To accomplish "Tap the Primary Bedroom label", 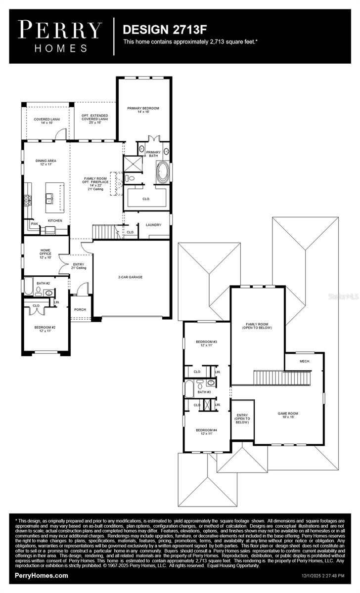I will [x=143, y=110].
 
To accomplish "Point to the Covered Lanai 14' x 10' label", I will [x=44, y=121].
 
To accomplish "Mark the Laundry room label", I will [x=153, y=225].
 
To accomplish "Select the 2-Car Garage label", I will [x=130, y=277].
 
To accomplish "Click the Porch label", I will [x=80, y=310].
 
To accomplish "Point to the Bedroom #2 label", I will [x=45, y=329].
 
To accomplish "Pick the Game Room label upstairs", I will [x=287, y=416].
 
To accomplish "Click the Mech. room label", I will [x=305, y=361].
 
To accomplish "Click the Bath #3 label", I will [x=205, y=392].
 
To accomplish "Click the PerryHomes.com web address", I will [x=42, y=576].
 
